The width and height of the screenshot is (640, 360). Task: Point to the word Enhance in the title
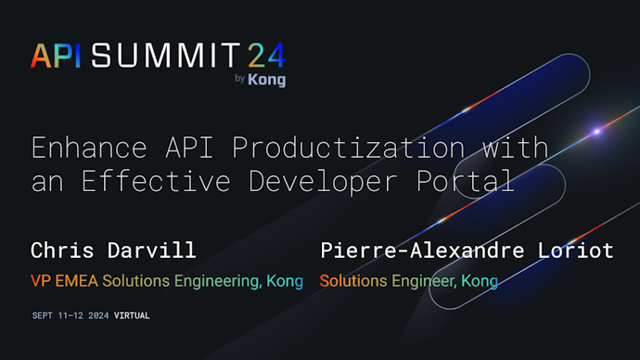tap(79, 148)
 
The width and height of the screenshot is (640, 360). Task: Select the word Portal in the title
tap(471, 181)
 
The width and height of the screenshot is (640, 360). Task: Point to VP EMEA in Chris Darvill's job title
tap(64, 281)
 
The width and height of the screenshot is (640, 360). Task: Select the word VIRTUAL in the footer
tap(132, 315)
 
